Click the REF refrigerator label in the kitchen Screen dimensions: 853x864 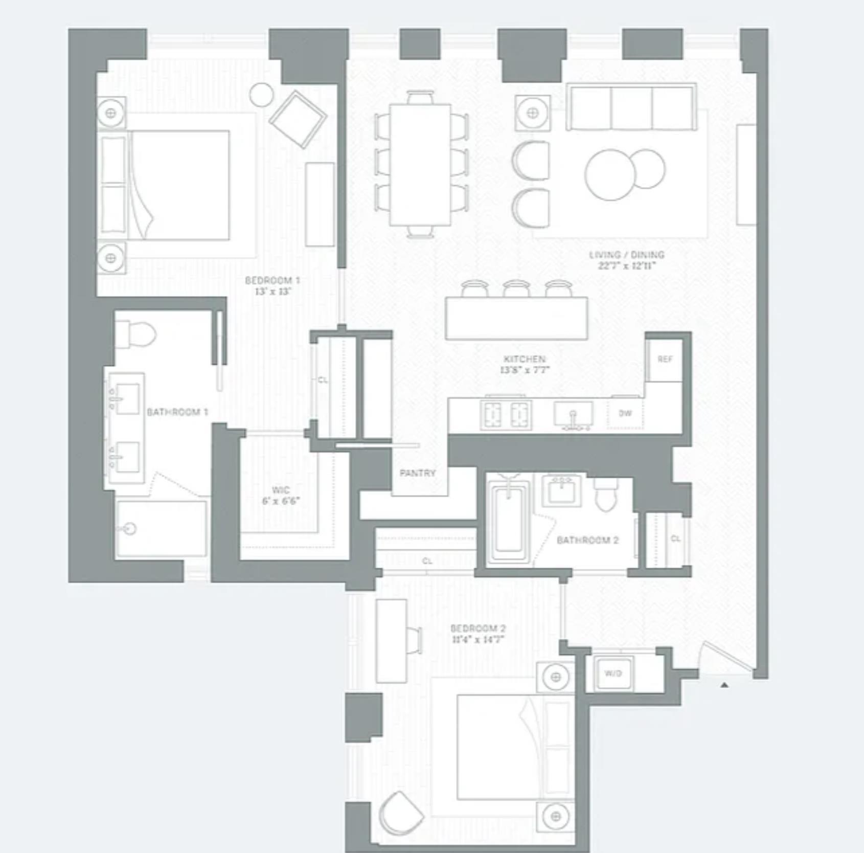665,360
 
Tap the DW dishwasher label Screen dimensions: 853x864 625,413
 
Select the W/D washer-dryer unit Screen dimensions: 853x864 612,673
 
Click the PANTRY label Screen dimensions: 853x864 418,473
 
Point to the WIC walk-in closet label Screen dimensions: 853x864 281,490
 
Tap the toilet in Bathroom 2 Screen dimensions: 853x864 607,495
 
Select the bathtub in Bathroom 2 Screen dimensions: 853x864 509,519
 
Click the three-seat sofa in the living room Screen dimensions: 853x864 631,108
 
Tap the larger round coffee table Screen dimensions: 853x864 611,174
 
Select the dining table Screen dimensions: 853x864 420,165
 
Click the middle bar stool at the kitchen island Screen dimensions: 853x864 515,289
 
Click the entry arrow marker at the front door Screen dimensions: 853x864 724,684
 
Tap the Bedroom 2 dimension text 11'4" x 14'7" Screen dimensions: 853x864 478,639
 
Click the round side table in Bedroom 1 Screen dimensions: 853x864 262,95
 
